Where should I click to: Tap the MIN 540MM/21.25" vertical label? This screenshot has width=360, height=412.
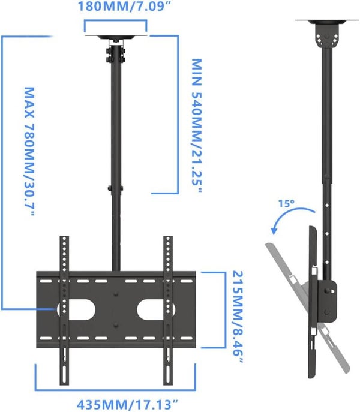pos(196,125)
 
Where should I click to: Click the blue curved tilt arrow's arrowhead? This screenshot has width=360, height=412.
pos(274,232)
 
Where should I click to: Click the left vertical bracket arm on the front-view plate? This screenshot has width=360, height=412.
pos(64,312)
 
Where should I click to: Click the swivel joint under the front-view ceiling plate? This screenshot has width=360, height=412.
pos(116,53)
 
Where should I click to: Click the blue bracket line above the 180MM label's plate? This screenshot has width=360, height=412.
pos(116,20)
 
